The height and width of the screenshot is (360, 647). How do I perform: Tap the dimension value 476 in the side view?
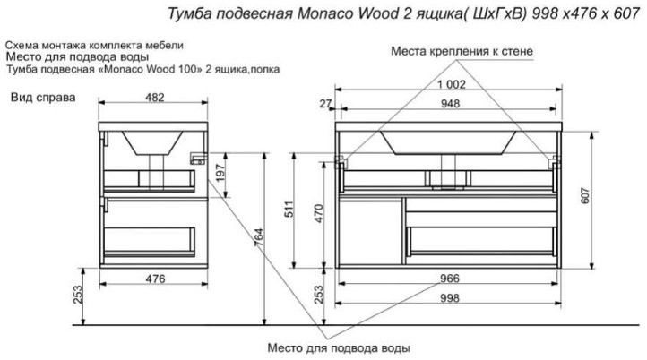pyautogui.click(x=157, y=279)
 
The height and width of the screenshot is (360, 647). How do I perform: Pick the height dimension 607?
pyautogui.click(x=612, y=197)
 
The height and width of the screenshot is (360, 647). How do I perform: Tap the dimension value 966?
pyautogui.click(x=450, y=279)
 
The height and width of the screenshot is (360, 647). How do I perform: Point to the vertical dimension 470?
pyautogui.click(x=316, y=213)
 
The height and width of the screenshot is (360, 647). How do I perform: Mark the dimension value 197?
pyautogui.click(x=219, y=176)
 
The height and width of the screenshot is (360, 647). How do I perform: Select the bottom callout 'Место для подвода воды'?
pyautogui.click(x=339, y=347)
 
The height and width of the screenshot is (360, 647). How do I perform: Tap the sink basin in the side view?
pyautogui.click(x=154, y=141)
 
